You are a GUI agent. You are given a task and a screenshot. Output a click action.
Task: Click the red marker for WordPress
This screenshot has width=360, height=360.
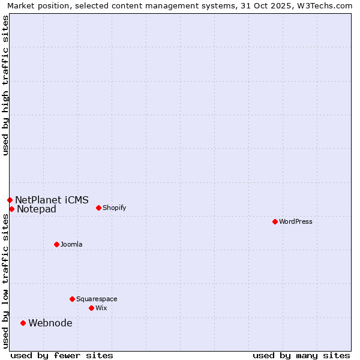(275, 221)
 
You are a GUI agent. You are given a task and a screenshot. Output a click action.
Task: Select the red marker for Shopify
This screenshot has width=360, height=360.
(98, 208)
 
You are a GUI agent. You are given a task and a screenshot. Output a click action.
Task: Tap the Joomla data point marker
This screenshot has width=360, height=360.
(56, 244)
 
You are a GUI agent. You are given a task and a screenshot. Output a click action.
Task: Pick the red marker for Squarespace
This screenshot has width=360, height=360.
(72, 299)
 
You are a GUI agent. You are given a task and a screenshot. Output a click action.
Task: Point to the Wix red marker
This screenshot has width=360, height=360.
(91, 308)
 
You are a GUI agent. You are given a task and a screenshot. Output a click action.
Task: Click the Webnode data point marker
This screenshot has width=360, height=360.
(23, 323)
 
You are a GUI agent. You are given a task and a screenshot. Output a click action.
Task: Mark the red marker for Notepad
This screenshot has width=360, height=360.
(11, 209)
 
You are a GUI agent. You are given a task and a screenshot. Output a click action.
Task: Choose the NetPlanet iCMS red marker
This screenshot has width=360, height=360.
(10, 200)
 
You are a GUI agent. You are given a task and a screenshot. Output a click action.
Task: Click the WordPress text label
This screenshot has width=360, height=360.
(296, 221)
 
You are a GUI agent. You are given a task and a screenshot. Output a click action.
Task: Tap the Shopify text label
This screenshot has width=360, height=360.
(114, 208)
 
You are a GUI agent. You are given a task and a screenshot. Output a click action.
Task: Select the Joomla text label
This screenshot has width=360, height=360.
(71, 244)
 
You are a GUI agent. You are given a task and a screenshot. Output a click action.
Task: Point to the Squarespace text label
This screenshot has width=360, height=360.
(97, 299)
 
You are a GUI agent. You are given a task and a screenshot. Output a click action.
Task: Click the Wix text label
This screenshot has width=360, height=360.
(101, 308)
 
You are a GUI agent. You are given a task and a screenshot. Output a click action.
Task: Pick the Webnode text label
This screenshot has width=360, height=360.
(50, 323)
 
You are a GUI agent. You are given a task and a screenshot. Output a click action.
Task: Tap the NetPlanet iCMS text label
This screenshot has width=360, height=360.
(52, 200)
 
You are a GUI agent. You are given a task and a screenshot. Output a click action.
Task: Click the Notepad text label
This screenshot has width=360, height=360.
(37, 209)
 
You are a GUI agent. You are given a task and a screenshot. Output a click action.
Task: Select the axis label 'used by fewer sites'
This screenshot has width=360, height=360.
(62, 355)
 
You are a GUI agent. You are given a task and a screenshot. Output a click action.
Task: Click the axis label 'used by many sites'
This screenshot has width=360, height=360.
(301, 355)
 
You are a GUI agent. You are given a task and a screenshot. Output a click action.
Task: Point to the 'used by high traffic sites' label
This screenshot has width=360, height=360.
(5, 85)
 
